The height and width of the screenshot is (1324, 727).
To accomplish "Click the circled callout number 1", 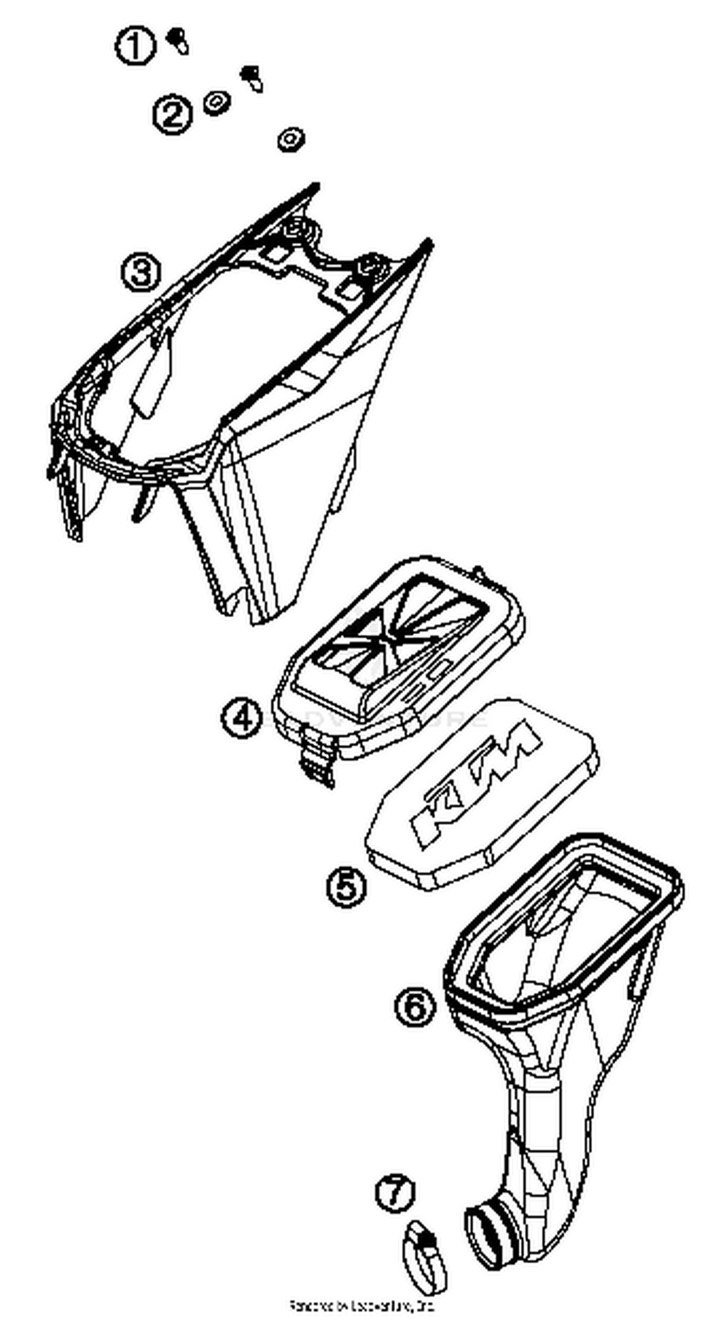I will point(135,46).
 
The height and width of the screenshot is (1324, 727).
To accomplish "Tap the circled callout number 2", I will point(172,114).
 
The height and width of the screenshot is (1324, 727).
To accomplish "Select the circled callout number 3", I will point(141,272).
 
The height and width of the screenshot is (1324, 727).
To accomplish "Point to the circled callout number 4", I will point(242,718).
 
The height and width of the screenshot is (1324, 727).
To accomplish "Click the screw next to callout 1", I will point(178,41).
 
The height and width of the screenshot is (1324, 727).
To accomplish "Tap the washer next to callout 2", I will point(217,103).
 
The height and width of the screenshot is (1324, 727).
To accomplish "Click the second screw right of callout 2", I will point(252,78).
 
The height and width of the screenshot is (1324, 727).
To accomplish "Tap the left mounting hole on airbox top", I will point(296,226).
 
